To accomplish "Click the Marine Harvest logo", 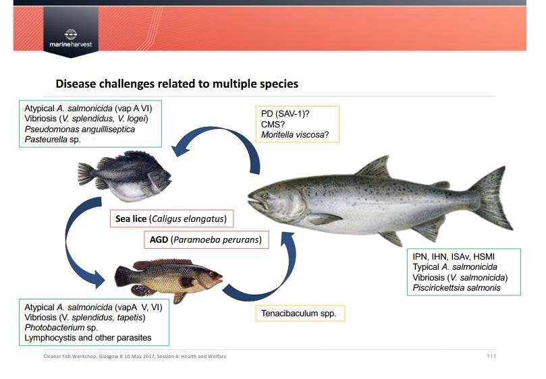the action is pyautogui.click(x=71, y=38).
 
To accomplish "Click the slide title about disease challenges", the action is pyautogui.click(x=177, y=84).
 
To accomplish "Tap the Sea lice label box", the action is pyautogui.click(x=171, y=218).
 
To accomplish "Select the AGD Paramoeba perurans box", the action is pyautogui.click(x=207, y=239).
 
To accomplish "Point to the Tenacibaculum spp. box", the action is pyautogui.click(x=300, y=313).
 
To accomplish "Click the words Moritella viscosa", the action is pyautogui.click(x=292, y=135).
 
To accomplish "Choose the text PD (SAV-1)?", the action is pyautogui.click(x=285, y=114).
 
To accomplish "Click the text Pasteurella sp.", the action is pyautogui.click(x=53, y=140).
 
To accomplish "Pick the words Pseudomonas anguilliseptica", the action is pyautogui.click(x=80, y=129).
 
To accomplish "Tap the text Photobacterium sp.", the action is pyautogui.click(x=61, y=328).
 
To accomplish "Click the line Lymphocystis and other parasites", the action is pyautogui.click(x=88, y=338).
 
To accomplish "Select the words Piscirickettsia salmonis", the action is pyautogui.click(x=456, y=288).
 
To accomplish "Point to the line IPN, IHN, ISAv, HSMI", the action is pyautogui.click(x=454, y=257).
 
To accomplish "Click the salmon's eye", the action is pyautogui.click(x=265, y=196).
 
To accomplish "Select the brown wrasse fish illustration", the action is pyautogui.click(x=169, y=279).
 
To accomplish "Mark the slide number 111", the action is pyautogui.click(x=491, y=356).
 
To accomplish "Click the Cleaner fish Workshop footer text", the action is pyautogui.click(x=135, y=356).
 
